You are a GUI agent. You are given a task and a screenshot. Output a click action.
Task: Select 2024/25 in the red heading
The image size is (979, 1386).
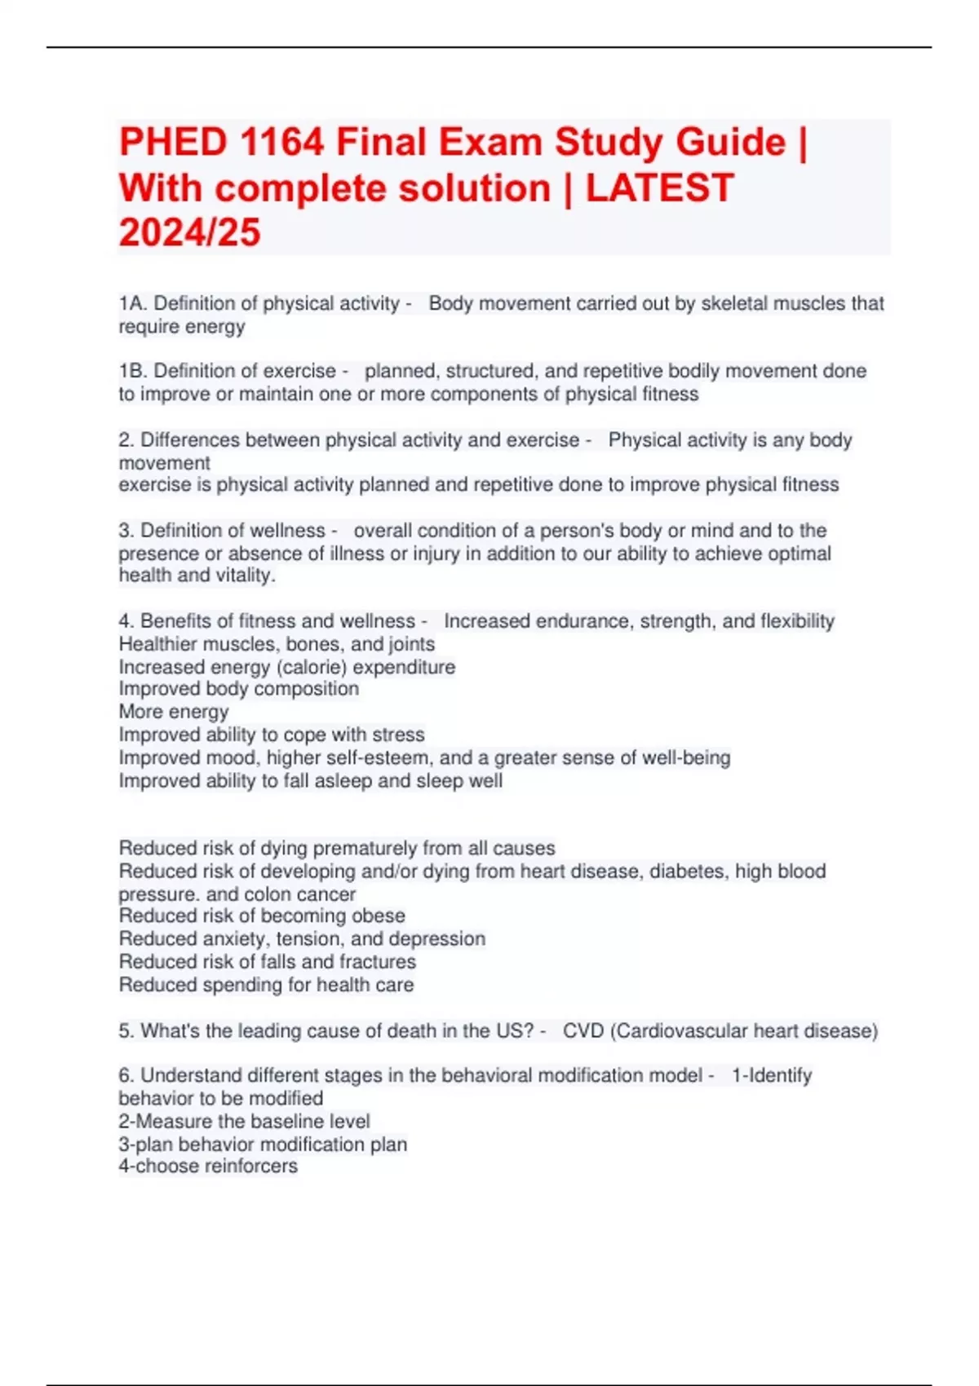pyautogui.click(x=189, y=232)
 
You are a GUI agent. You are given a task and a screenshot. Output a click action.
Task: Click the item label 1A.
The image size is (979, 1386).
pyautogui.click(x=133, y=304)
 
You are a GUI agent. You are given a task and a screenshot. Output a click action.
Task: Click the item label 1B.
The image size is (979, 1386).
pyautogui.click(x=133, y=372)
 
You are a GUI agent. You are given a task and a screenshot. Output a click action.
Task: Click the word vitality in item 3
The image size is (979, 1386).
pyautogui.click(x=243, y=576)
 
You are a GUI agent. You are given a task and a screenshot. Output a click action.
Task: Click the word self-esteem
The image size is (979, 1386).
pyautogui.click(x=377, y=758)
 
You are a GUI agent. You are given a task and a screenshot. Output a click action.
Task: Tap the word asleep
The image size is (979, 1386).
pyautogui.click(x=343, y=781)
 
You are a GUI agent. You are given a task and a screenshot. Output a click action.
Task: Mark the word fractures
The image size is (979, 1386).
pyautogui.click(x=377, y=962)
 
